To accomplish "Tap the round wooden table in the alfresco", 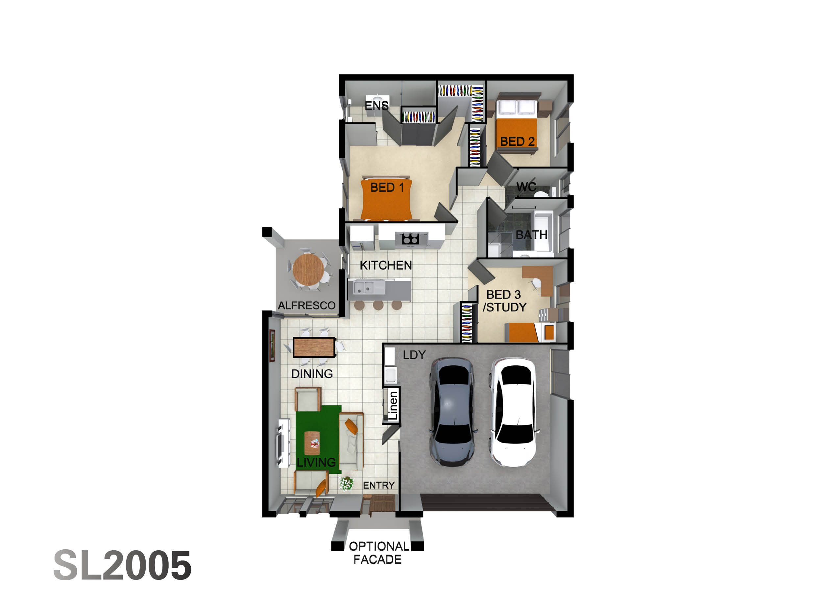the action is (308, 270).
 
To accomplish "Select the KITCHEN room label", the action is (386, 265).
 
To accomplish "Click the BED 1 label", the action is (387, 188).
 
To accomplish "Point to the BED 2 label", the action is (517, 142).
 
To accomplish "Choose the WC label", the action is (526, 186).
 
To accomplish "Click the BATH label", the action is (531, 235).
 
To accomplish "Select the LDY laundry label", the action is (414, 355).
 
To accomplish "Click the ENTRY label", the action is (379, 485).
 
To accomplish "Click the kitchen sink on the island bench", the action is (364, 287).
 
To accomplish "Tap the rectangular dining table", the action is (314, 347).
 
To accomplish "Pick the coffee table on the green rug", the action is (312, 443).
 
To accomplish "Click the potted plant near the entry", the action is (346, 484).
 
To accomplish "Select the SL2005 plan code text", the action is (123, 565).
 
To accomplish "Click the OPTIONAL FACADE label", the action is (379, 553).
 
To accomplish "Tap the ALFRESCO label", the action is (306, 305).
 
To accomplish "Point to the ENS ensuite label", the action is (376, 105).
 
